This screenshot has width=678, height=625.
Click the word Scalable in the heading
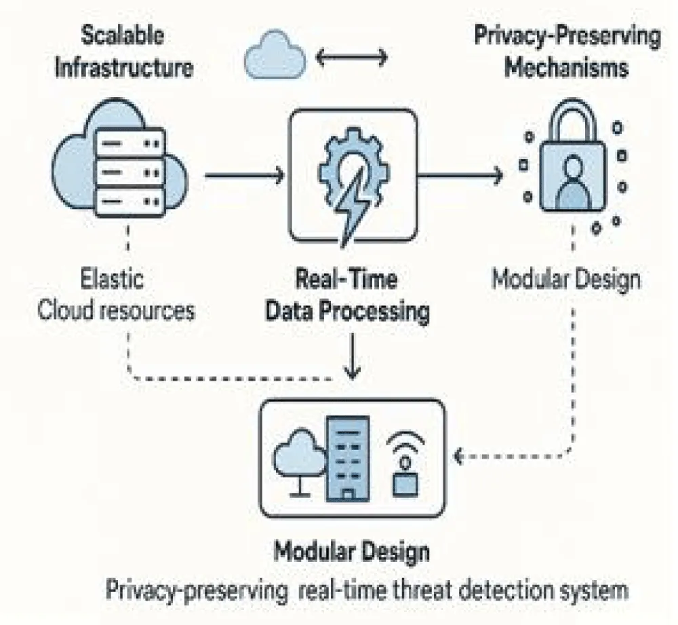tap(124, 37)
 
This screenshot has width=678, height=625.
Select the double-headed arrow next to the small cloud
tap(352, 56)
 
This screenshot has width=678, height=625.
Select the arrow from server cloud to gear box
tap(244, 176)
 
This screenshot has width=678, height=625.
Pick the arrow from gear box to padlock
tap(461, 176)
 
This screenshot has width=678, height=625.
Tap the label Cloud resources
tap(116, 311)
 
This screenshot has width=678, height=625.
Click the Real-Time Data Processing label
tap(346, 296)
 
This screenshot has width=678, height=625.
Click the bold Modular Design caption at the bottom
tap(351, 551)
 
